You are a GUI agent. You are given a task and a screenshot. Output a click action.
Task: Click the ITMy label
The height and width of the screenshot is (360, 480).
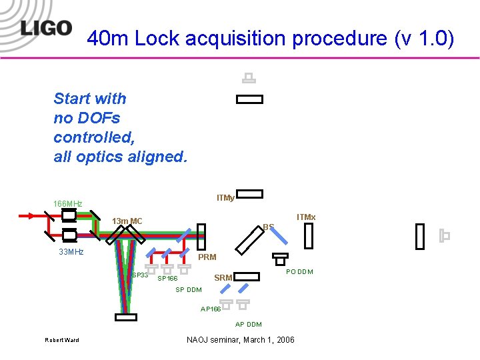(225, 198)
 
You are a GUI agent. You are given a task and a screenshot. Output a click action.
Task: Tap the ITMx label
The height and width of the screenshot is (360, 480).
(306, 217)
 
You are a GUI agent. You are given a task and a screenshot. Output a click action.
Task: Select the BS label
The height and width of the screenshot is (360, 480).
(268, 227)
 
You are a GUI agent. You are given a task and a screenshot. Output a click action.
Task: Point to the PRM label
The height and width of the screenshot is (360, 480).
(207, 257)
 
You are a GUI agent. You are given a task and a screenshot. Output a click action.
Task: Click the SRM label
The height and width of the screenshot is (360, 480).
(223, 277)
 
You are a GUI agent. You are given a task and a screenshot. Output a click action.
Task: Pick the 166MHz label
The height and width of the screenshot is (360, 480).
(68, 203)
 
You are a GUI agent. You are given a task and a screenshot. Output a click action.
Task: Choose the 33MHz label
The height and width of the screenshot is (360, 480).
(71, 252)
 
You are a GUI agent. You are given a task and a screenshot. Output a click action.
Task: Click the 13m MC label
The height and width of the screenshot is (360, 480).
(127, 221)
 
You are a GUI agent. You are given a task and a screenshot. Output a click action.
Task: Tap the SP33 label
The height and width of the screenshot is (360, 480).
(140, 275)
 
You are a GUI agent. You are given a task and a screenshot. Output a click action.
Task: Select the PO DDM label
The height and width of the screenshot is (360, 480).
(299, 271)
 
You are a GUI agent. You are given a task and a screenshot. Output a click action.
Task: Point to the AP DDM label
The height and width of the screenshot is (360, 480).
(248, 325)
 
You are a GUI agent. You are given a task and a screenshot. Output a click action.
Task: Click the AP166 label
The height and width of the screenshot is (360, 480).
(211, 309)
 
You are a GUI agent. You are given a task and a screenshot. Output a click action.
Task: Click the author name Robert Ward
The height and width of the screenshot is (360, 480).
(61, 341)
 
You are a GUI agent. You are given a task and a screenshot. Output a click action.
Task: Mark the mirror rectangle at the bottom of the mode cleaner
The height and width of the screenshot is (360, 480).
(125, 317)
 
